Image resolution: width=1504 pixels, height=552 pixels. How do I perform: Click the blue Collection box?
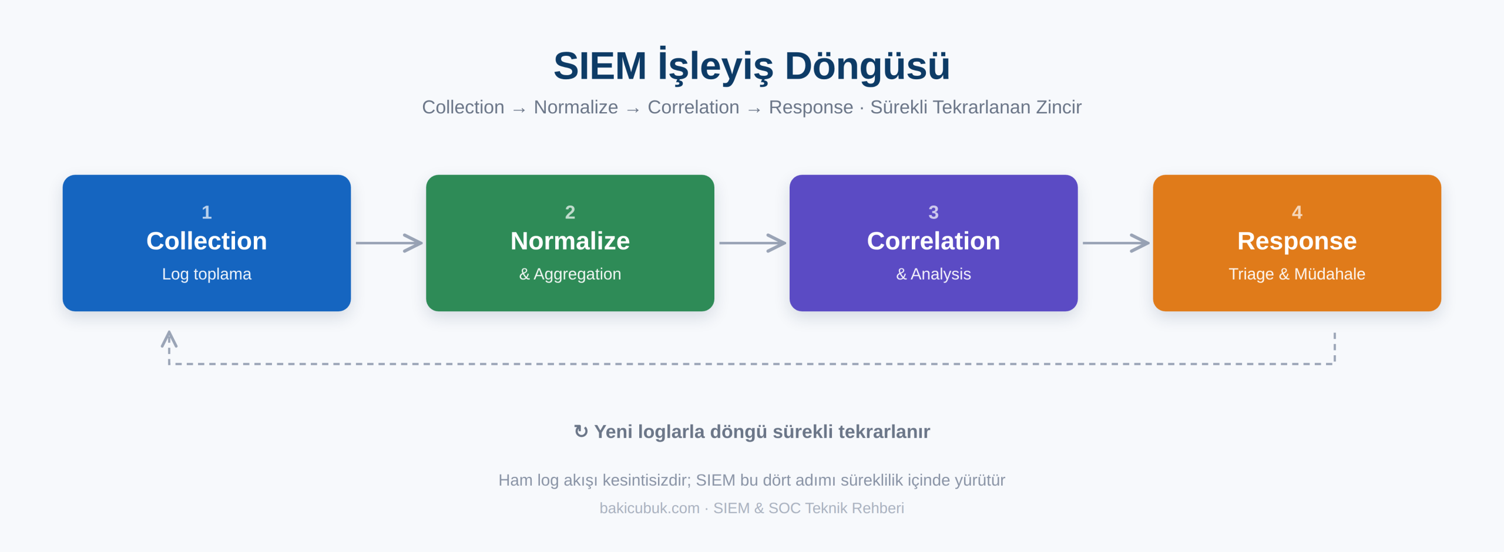(x=207, y=243)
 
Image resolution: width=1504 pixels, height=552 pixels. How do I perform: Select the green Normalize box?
(x=570, y=243)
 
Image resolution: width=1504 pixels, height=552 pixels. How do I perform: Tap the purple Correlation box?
(x=934, y=243)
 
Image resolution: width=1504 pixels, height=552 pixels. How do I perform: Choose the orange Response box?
(x=1297, y=243)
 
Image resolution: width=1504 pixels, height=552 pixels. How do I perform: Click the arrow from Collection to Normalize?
(x=389, y=243)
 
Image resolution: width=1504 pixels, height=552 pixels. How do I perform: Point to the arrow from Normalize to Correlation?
(x=753, y=243)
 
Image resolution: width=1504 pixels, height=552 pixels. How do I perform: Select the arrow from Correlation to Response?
(x=1116, y=243)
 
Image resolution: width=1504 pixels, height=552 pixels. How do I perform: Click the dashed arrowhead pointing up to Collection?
(x=169, y=339)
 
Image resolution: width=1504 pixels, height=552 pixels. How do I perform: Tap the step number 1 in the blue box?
(x=207, y=212)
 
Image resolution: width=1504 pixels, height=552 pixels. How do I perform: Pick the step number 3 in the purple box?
(x=934, y=212)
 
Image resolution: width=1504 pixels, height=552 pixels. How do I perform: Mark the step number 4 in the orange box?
(x=1297, y=212)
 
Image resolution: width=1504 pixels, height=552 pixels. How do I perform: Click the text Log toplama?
(x=207, y=274)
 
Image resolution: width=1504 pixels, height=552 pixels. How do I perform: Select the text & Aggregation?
(x=570, y=274)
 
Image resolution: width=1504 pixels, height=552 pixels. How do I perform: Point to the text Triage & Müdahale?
(x=1297, y=274)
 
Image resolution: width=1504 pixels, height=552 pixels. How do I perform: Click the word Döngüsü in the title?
(x=867, y=66)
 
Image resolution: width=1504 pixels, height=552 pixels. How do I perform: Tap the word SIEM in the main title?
(x=600, y=66)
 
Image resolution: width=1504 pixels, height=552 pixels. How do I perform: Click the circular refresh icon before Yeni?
(x=580, y=432)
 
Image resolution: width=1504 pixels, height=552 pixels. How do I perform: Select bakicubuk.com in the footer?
(x=649, y=508)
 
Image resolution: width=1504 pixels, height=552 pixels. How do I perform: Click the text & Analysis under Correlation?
(x=934, y=274)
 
